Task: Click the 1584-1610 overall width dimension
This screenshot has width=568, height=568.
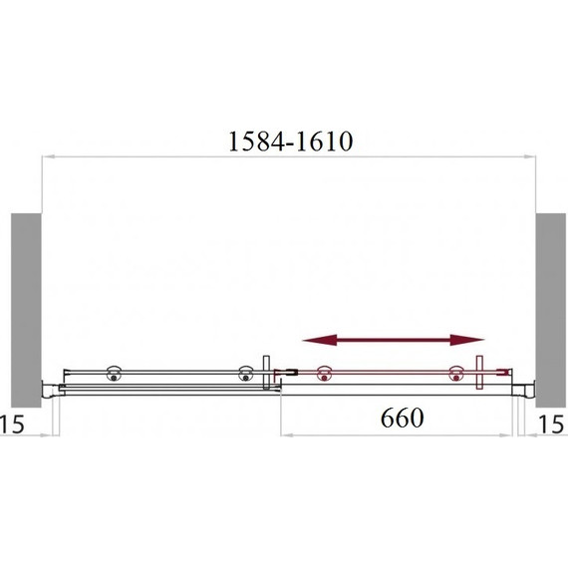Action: [291, 142]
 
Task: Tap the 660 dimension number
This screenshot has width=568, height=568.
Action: [403, 419]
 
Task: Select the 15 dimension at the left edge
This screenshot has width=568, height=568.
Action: [12, 424]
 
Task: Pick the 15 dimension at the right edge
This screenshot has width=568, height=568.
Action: [551, 425]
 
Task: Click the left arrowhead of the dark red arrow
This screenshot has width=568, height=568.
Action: [319, 340]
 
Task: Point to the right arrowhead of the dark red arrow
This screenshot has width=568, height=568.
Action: [467, 340]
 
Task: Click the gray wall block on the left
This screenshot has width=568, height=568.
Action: [26, 310]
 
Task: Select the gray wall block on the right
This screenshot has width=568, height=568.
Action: [551, 310]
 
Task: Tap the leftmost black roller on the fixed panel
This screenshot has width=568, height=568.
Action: [114, 373]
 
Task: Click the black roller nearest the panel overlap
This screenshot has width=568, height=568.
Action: [245, 373]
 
